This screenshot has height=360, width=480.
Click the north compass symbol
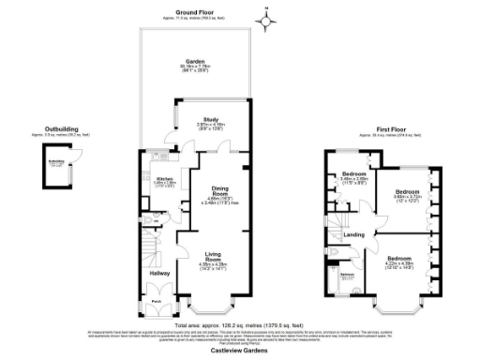coord(265,16)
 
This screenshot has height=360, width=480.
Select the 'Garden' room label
coord(195,61)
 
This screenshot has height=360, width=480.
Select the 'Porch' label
coord(157,301)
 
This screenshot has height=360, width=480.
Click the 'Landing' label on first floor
coord(355,235)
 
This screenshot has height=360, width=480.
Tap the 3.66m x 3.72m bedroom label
coord(406,192)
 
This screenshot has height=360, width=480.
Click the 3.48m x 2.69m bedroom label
coord(354,174)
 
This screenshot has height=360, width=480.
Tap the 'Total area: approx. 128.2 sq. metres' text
coord(240,323)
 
